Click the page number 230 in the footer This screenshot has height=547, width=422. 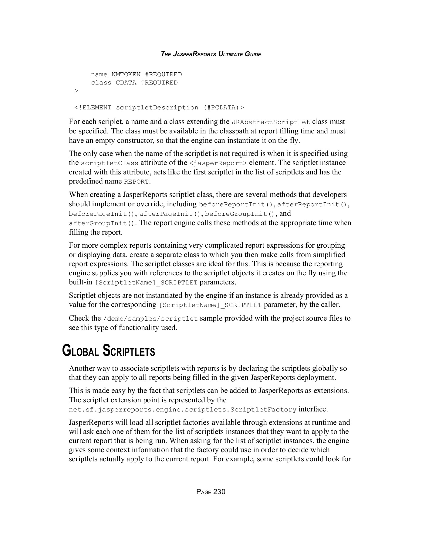[219, 492]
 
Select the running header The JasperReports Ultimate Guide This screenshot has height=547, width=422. [211, 54]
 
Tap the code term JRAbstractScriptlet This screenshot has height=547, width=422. [271, 122]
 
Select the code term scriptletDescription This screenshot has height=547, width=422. [157, 108]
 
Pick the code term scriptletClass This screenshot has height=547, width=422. [110, 163]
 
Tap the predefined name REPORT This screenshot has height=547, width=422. [137, 182]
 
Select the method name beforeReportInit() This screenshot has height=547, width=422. [236, 205]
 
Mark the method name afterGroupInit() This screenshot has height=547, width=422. [102, 223]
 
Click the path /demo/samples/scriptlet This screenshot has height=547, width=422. [150, 319]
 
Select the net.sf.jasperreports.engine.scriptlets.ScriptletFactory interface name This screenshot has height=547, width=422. [183, 410]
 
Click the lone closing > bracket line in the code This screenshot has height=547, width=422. [76, 91]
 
